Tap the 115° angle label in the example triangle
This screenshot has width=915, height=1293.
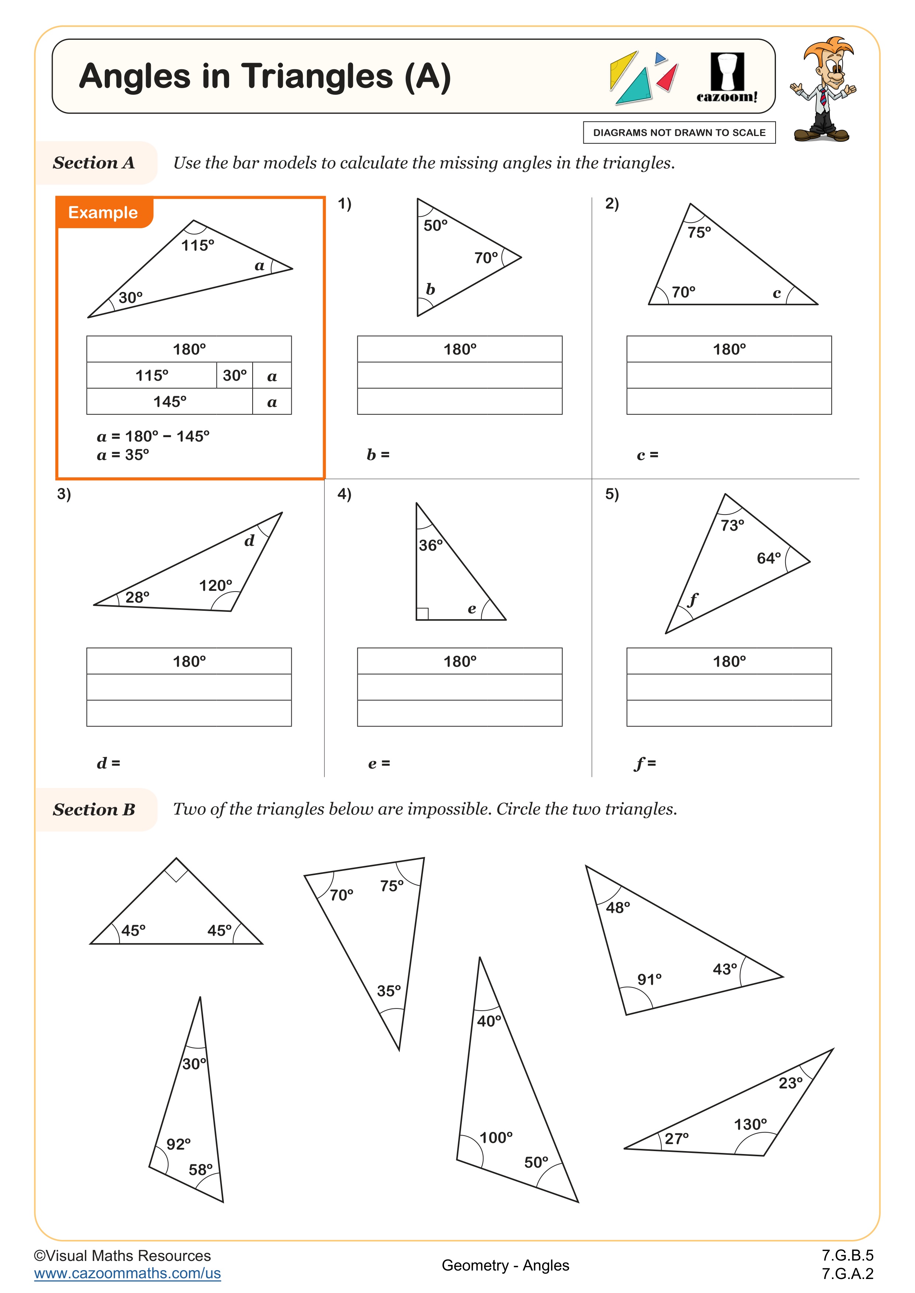[x=198, y=245]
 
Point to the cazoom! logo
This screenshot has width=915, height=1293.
[x=727, y=79]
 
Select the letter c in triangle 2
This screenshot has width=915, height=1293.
[x=776, y=293]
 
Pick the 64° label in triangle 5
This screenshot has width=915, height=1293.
[x=769, y=558]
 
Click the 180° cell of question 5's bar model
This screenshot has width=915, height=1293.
[x=729, y=661]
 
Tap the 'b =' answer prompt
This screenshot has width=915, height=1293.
[x=378, y=454]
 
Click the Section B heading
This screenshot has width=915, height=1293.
[x=94, y=809]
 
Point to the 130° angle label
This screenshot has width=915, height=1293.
[x=750, y=1125]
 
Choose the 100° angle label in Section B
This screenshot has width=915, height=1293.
[x=496, y=1137]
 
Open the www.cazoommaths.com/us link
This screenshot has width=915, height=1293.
[x=127, y=1273]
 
